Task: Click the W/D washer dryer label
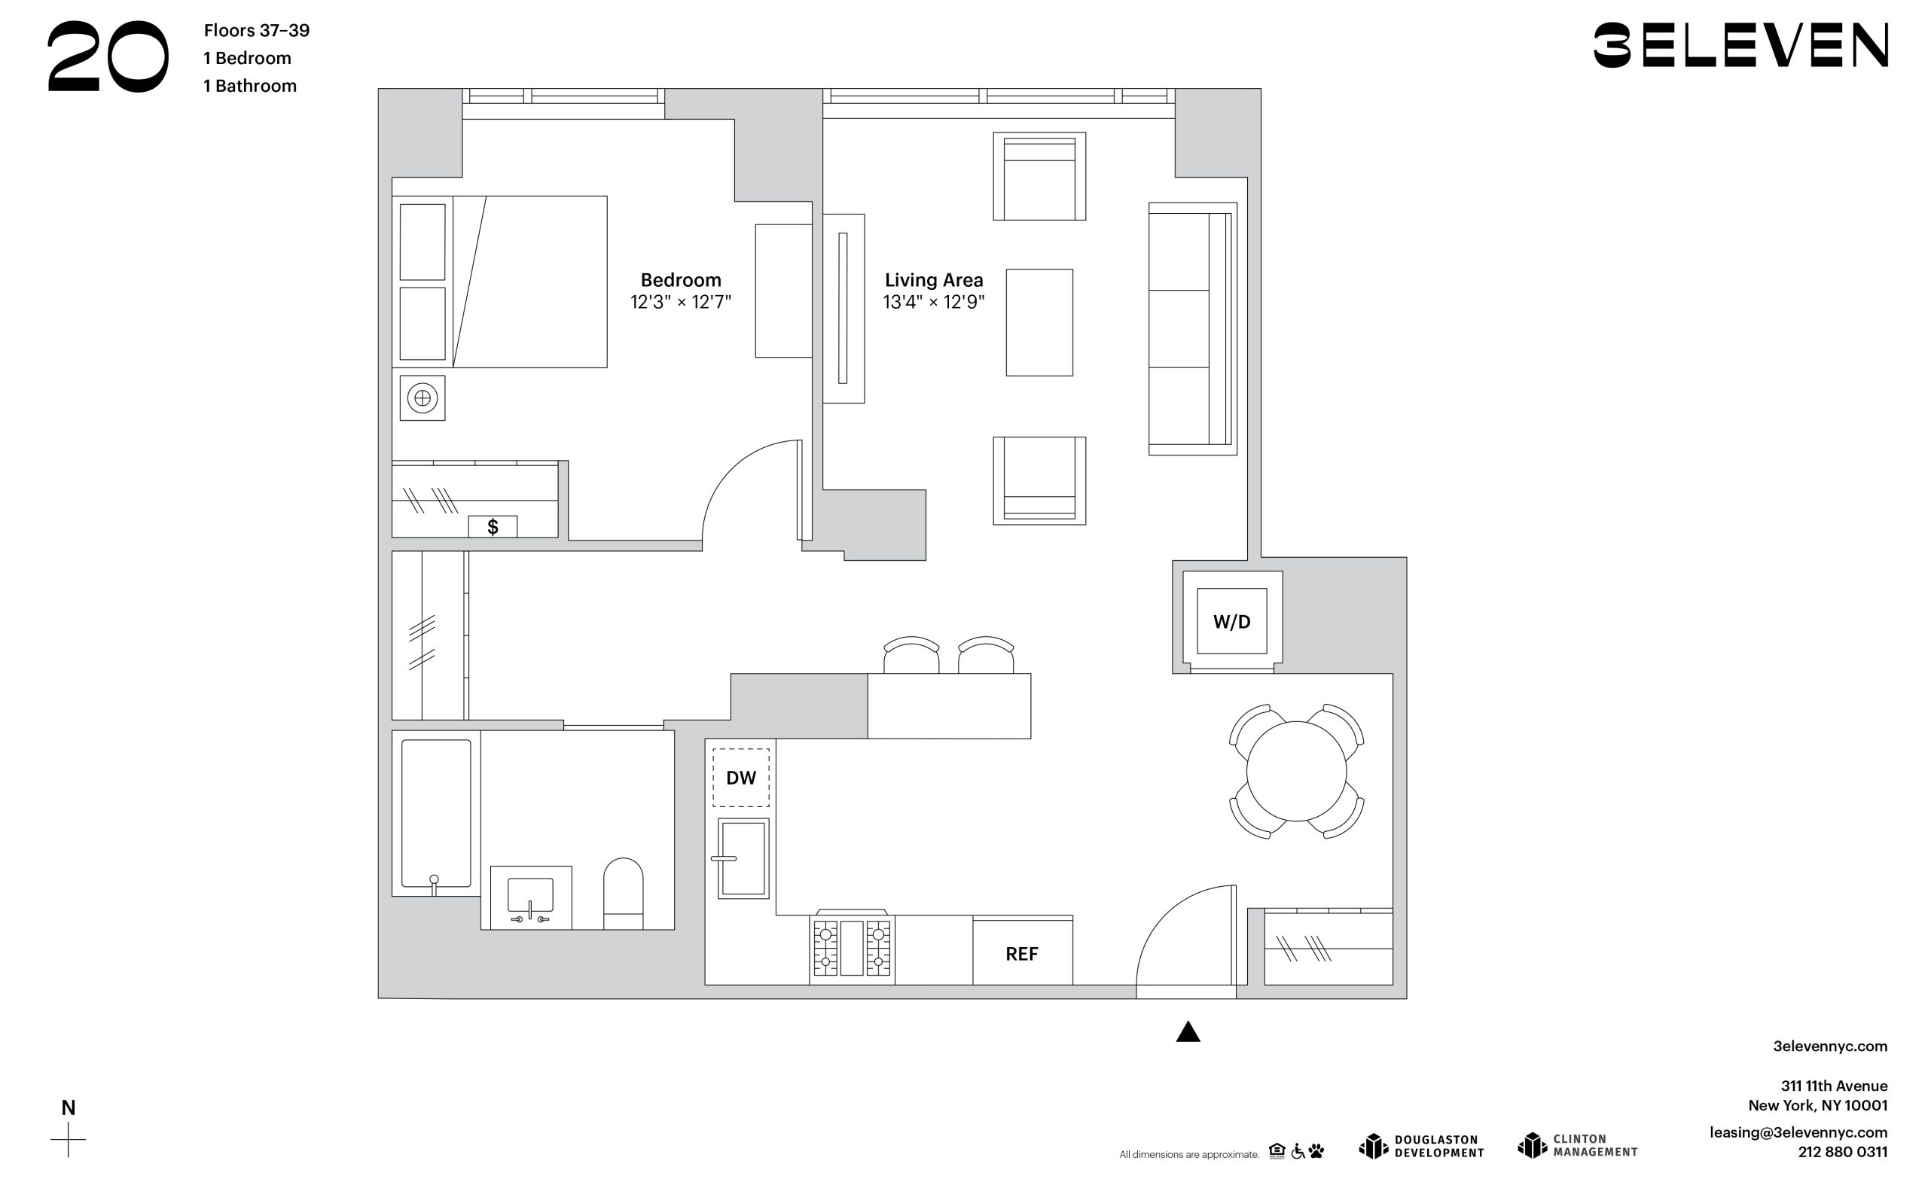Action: (x=1231, y=622)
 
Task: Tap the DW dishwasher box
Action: (x=741, y=778)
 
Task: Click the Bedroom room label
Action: (x=681, y=280)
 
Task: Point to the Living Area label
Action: (x=933, y=280)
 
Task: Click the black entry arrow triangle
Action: (x=1188, y=1032)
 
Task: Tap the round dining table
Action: (x=1297, y=772)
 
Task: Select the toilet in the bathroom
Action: (x=623, y=894)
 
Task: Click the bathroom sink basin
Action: (x=530, y=895)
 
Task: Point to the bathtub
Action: (x=436, y=814)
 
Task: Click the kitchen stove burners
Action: (x=852, y=947)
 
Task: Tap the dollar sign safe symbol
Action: (x=493, y=526)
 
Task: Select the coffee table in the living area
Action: (x=1039, y=322)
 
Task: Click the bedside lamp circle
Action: (x=423, y=398)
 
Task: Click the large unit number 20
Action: (x=108, y=57)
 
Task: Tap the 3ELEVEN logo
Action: (x=1741, y=44)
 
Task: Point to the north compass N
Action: (x=68, y=1107)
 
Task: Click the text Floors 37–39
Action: (x=257, y=31)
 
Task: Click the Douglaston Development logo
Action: (x=1422, y=1146)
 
